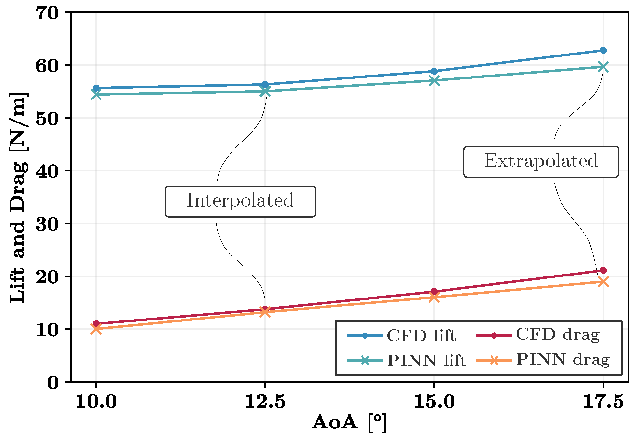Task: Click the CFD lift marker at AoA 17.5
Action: click(x=603, y=50)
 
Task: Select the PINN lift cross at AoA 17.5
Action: click(x=603, y=67)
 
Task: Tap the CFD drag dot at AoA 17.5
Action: click(x=603, y=270)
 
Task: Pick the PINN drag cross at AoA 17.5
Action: click(x=603, y=282)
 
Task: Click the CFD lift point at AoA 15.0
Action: click(x=434, y=71)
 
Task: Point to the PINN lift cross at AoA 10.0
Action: click(x=96, y=94)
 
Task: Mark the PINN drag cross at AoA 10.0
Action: click(x=96, y=329)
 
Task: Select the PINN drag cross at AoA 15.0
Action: click(x=434, y=297)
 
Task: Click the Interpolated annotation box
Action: click(x=240, y=201)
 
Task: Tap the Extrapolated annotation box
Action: click(x=541, y=162)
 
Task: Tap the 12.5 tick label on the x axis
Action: click(x=265, y=402)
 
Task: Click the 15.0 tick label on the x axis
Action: click(x=434, y=402)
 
